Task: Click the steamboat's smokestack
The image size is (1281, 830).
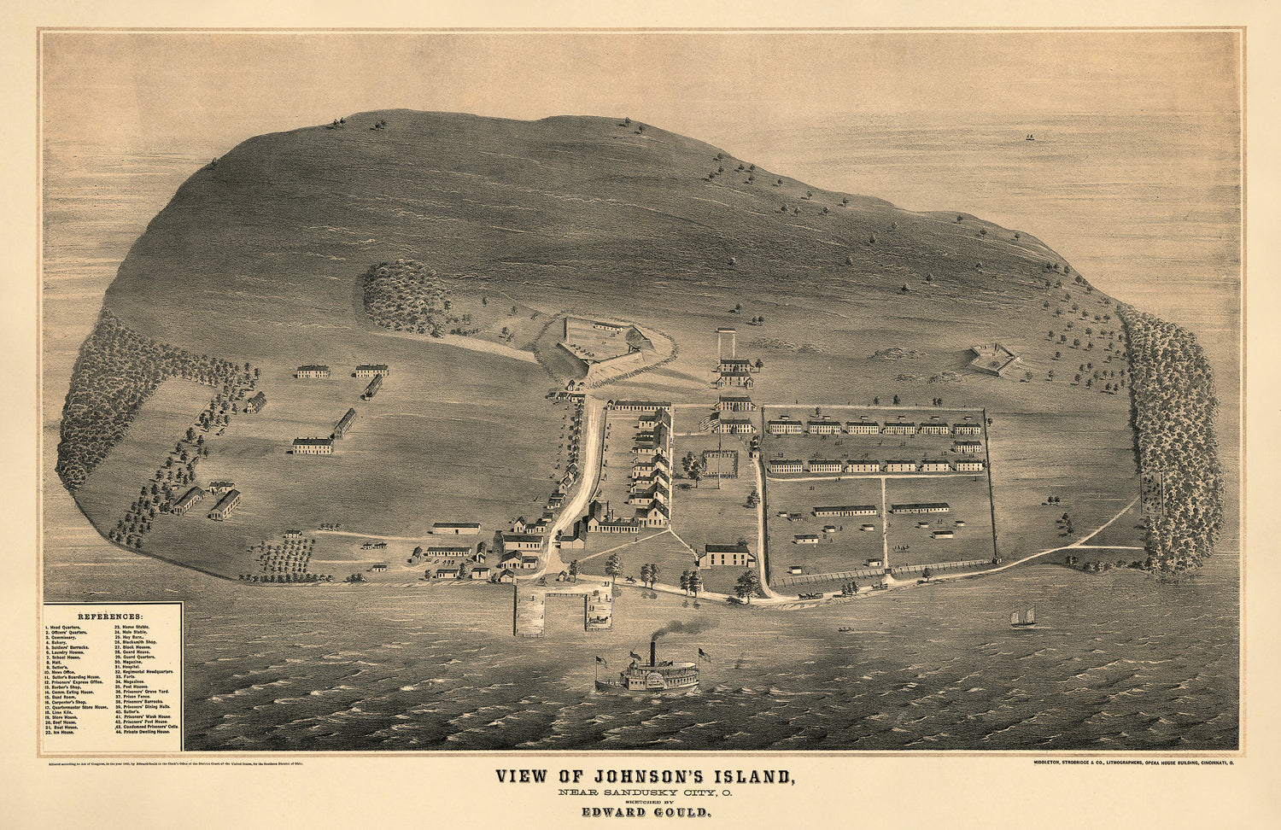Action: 652,652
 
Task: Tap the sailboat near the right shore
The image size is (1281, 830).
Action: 1022,617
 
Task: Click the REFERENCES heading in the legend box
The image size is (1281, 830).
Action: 110,616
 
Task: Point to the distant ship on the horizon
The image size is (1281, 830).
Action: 1029,137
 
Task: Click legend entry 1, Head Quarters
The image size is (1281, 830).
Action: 66,627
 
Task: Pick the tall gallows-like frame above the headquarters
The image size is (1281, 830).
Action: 727,343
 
